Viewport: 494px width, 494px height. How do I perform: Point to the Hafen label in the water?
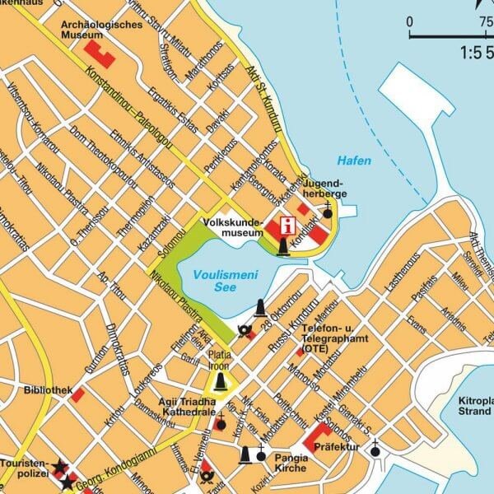point(354,161)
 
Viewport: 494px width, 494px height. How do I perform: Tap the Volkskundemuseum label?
point(232,227)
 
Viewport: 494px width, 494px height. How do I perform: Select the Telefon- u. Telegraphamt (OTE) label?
point(333,338)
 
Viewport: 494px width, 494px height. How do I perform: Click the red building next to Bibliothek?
point(77,396)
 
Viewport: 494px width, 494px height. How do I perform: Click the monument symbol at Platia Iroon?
point(220,381)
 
